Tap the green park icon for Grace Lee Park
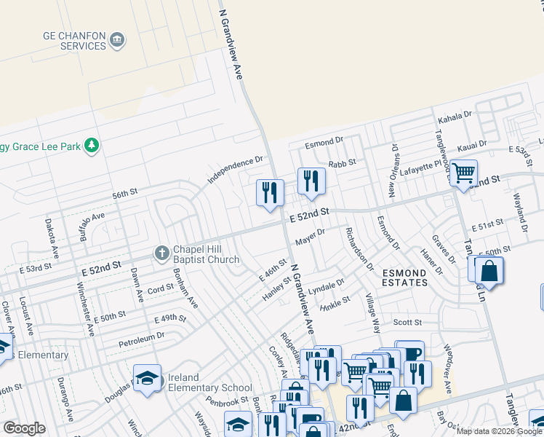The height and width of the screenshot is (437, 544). pos(92,146)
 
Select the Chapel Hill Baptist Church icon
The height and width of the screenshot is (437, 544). pos(161,253)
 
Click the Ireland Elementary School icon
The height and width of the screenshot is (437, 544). pos(148,378)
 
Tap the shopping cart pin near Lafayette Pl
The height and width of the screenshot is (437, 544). pos(463,173)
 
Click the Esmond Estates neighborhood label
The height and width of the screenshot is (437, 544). pos(404,277)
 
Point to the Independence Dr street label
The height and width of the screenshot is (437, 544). pos(234,169)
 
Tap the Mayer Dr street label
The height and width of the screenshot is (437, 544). pos(309,237)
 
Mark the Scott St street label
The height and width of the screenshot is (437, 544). pos(407,322)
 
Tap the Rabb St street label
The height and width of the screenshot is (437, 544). pos(342,164)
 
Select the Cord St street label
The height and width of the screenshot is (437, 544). pos(161,289)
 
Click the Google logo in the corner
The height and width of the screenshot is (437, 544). pos(24,428)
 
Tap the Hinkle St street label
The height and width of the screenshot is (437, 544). pos(335,301)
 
